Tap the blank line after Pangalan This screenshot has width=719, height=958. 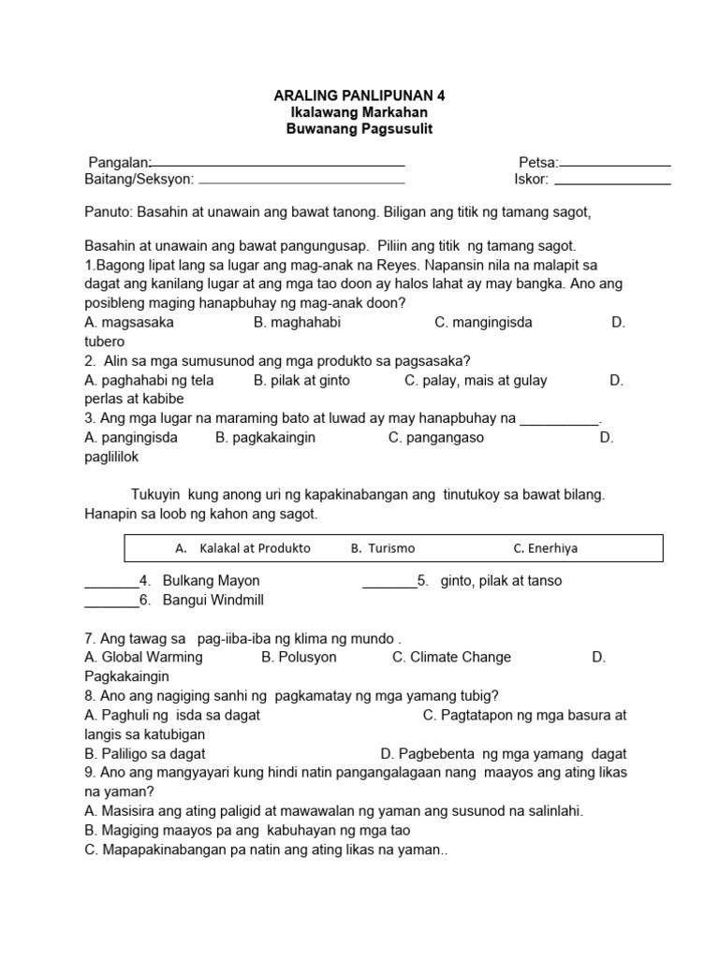coord(278,165)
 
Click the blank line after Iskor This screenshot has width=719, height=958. coord(612,182)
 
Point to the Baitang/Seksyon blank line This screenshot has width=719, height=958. coord(301,182)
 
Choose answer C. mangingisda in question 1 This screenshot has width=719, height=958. coord(483,323)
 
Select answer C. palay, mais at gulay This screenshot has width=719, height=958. coord(476,381)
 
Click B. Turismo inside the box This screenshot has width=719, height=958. coord(383,548)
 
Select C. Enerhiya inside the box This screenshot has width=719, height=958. coord(545,548)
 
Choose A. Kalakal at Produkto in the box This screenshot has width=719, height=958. coord(242,548)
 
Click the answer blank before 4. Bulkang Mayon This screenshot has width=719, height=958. coord(110,586)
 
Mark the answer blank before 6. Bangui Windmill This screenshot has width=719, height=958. coord(110,605)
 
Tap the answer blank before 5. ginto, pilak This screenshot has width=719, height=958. coord(389,586)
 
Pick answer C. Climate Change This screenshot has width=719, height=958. coord(451,658)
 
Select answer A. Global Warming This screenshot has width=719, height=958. coord(143,658)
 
